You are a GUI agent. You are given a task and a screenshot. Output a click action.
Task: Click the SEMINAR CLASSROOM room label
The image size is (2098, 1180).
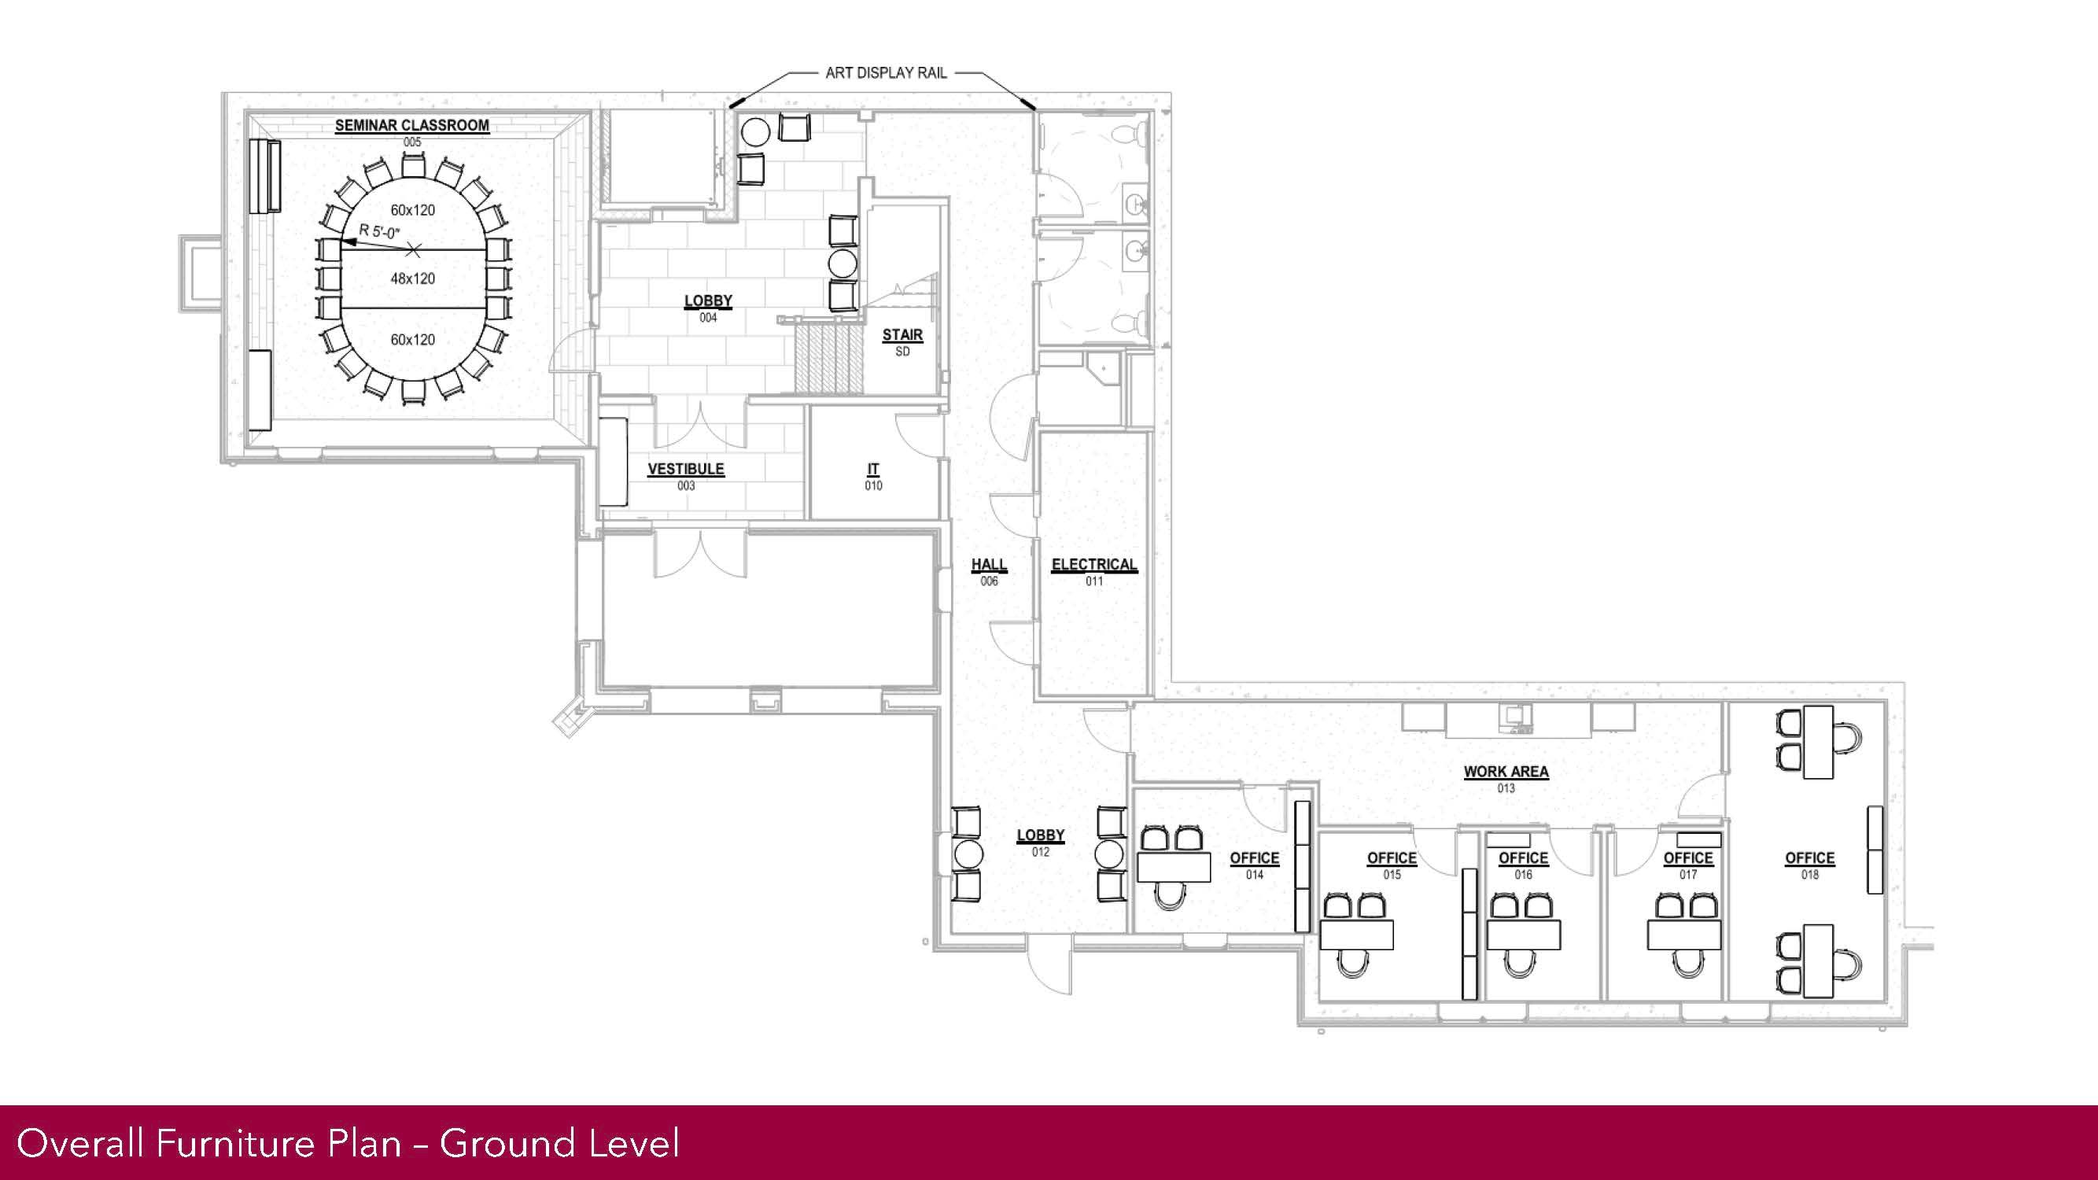pyautogui.click(x=412, y=125)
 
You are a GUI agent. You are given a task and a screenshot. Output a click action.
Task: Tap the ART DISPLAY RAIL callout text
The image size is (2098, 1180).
pyautogui.click(x=886, y=73)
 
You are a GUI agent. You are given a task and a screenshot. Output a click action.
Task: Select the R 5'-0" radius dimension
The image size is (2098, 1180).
pyautogui.click(x=379, y=232)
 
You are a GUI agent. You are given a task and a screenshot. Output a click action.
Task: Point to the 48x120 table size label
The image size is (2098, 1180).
pyautogui.click(x=413, y=278)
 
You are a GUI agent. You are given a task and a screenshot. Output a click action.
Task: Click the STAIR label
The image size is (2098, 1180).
pyautogui.click(x=902, y=334)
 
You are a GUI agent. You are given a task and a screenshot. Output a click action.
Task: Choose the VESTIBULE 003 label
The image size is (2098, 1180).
pyautogui.click(x=686, y=476)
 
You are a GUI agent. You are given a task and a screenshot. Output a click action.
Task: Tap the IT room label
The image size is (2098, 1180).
pyautogui.click(x=873, y=469)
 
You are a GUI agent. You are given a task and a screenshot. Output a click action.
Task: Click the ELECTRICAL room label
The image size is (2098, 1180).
pyautogui.click(x=1093, y=564)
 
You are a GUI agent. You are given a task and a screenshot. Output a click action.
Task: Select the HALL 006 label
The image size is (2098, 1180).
pyautogui.click(x=989, y=571)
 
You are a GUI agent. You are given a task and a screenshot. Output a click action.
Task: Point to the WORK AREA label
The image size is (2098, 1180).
pyautogui.click(x=1506, y=771)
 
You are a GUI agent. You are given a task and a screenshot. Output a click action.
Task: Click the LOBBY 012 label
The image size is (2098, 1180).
pyautogui.click(x=1040, y=842)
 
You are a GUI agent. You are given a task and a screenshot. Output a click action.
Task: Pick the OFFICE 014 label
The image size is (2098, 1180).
pyautogui.click(x=1254, y=865)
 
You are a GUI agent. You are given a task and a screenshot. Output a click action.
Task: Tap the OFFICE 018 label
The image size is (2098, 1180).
pyautogui.click(x=1809, y=865)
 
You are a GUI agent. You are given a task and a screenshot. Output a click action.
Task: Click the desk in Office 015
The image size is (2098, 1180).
pyautogui.click(x=1356, y=935)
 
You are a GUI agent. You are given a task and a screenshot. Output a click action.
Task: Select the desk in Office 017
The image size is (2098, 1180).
pyautogui.click(x=1684, y=935)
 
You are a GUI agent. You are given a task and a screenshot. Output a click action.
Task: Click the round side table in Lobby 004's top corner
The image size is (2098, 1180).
pyautogui.click(x=755, y=131)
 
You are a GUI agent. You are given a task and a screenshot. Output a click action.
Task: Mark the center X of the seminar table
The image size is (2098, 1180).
pyautogui.click(x=414, y=249)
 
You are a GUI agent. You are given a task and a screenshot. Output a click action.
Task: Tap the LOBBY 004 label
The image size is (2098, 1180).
pyautogui.click(x=708, y=308)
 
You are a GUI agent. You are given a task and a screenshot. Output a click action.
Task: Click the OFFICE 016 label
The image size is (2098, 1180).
pyautogui.click(x=1523, y=865)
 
